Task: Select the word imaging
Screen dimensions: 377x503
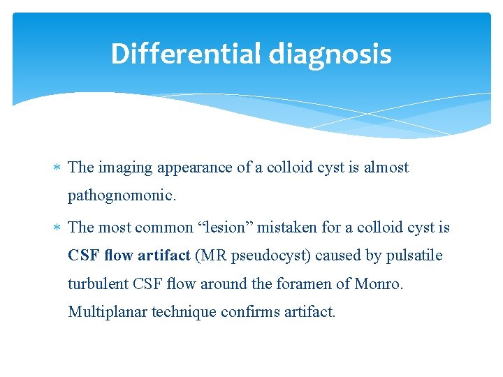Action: tap(123, 168)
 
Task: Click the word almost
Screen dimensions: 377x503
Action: tap(386, 168)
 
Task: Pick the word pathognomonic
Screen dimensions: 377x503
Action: tap(122, 197)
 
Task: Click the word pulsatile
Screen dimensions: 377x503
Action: tap(415, 256)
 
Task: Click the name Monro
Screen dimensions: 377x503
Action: tap(377, 283)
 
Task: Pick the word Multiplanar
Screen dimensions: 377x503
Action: tap(105, 312)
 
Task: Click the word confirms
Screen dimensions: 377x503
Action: tap(248, 312)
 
